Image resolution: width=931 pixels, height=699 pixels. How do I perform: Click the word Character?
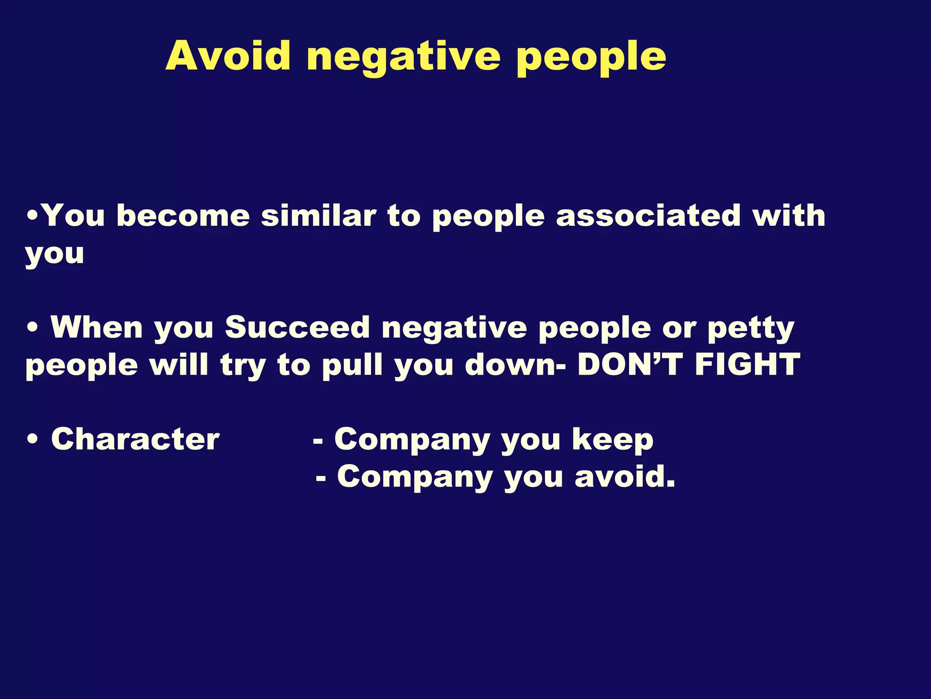click(135, 439)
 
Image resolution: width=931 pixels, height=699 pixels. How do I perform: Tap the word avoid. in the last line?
click(625, 476)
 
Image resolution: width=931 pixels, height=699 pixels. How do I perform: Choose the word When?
click(97, 327)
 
